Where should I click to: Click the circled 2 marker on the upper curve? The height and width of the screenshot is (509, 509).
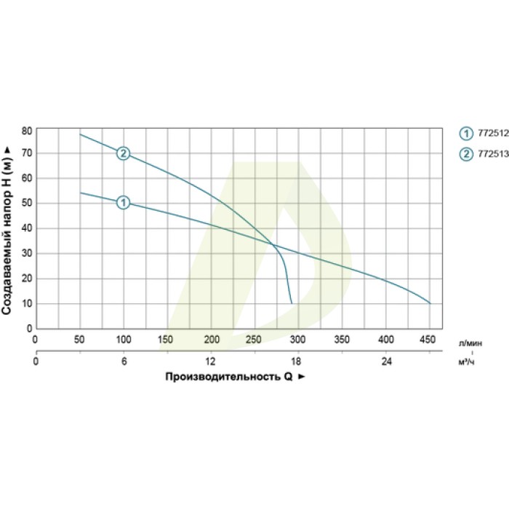(x=123, y=153)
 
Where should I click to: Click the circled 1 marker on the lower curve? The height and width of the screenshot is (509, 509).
(x=123, y=202)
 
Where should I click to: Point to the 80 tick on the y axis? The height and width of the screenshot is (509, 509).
(x=27, y=131)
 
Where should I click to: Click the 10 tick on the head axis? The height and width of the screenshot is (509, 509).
(x=27, y=303)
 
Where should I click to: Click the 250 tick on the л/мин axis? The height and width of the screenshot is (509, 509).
(x=254, y=339)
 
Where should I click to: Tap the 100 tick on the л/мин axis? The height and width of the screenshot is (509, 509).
(x=124, y=339)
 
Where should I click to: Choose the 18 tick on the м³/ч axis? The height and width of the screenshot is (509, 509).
(x=298, y=362)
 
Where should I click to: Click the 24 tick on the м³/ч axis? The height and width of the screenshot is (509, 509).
(x=386, y=362)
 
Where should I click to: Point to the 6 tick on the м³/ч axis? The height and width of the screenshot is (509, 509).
(x=124, y=362)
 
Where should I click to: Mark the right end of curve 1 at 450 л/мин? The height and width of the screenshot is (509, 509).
(x=430, y=303)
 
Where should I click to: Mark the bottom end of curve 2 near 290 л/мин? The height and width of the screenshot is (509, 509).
(x=292, y=302)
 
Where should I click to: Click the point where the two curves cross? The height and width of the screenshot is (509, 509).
(x=274, y=245)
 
